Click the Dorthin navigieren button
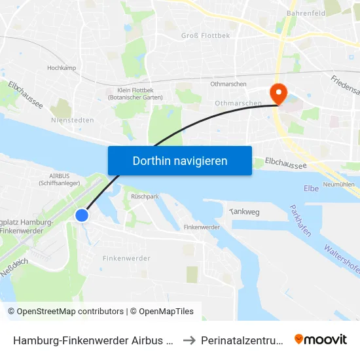tap(180, 160)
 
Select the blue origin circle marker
tap(82, 215)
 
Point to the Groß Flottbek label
tap(206, 35)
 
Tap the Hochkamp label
tap(63, 68)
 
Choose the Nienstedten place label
tap(72, 120)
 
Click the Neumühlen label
tap(339, 185)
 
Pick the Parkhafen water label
tap(300, 221)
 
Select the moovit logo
tap(321, 340)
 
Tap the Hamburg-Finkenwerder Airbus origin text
tap(93, 340)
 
